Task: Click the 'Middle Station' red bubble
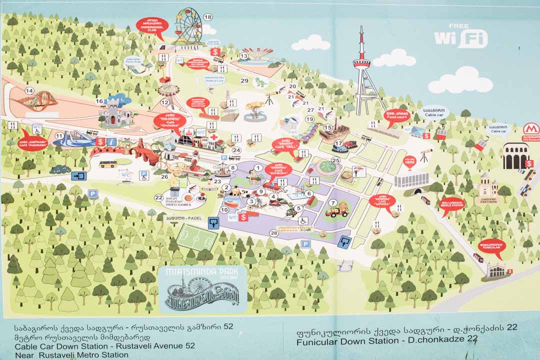[x=452, y=204]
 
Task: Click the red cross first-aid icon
[x=213, y=137]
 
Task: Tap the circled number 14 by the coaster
[x=29, y=91]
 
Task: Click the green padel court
[x=196, y=237]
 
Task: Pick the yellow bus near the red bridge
[x=107, y=163]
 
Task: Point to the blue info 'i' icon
[x=111, y=141]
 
